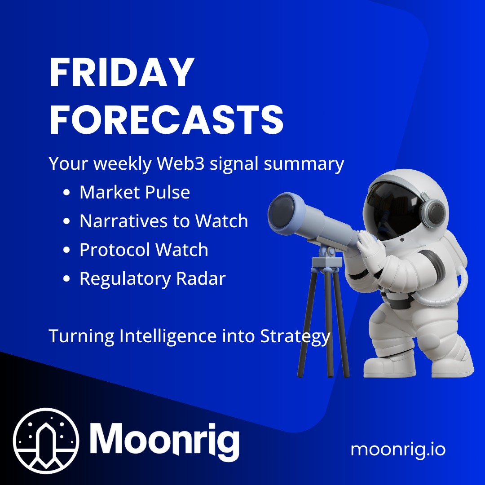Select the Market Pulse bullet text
click(x=135, y=192)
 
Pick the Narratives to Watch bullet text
click(x=163, y=221)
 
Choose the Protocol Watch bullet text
click(x=144, y=250)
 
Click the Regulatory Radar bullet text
click(x=152, y=278)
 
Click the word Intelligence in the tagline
click(x=169, y=336)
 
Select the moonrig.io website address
click(x=398, y=449)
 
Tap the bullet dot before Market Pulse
click(x=66, y=193)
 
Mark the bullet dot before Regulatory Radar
click(x=66, y=279)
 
